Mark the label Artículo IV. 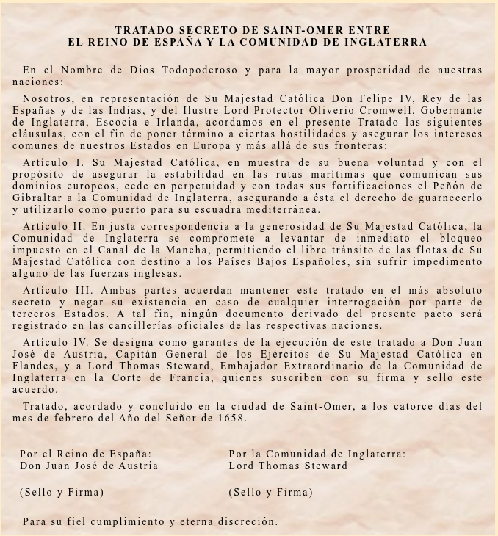pyautogui.click(x=57, y=342)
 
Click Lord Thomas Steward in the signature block pyautogui.click(x=288, y=466)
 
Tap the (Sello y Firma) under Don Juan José pyautogui.click(x=62, y=492)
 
